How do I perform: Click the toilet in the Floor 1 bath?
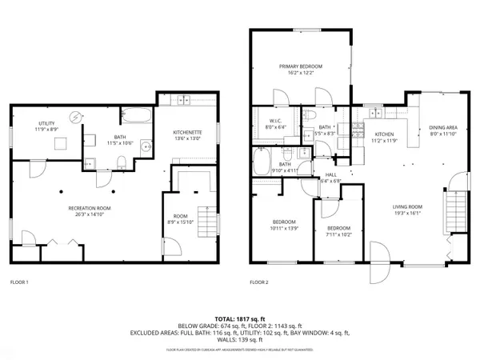pos(119,164)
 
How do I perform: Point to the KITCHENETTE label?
pos(187,132)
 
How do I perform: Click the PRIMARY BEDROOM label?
pos(300,66)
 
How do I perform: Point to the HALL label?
pos(330,176)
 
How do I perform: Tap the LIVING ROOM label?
pos(406,208)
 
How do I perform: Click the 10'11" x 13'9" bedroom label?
pos(284,225)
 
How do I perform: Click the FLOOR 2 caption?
pos(259,282)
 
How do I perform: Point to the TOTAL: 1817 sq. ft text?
pos(239,318)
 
